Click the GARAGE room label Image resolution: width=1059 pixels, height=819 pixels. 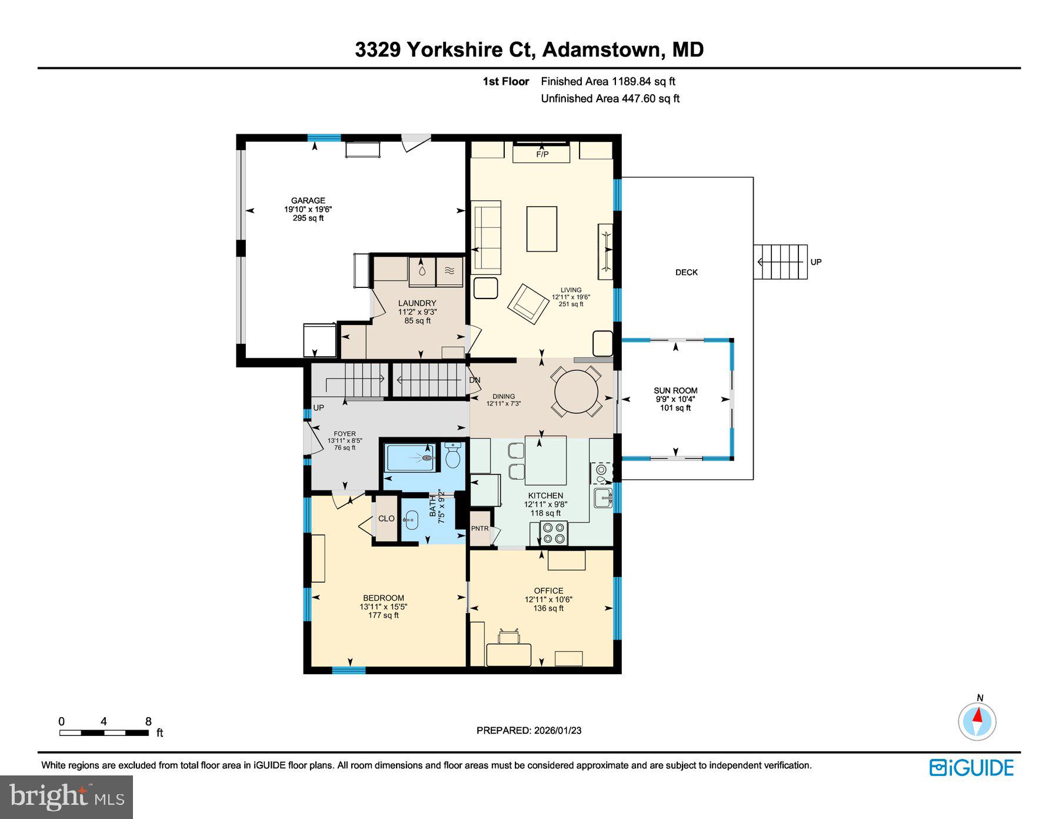pos(308,200)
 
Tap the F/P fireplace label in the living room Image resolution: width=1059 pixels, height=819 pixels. pos(542,154)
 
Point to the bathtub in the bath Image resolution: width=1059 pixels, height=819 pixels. pos(410,457)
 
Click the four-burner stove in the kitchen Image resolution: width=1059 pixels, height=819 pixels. pos(554,533)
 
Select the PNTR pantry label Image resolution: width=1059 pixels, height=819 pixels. pos(479,529)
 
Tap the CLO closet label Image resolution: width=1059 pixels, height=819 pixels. pos(386,519)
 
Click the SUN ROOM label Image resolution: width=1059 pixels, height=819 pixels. pos(675,390)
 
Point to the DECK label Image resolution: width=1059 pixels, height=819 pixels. pos(686,272)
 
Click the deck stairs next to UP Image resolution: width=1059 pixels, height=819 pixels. pos(781,262)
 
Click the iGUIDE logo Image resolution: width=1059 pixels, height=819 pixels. pos(971,768)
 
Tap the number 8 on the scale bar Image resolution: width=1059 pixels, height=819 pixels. pos(148,721)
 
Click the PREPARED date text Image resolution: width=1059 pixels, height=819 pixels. pos(528,730)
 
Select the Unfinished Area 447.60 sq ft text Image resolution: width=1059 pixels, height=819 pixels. pos(610,98)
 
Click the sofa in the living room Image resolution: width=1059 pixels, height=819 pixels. pos(487,237)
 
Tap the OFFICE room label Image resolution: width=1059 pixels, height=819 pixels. pos(548,591)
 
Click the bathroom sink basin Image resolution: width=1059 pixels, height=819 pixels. pos(411,519)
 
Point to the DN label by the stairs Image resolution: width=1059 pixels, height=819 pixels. pos(475,380)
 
